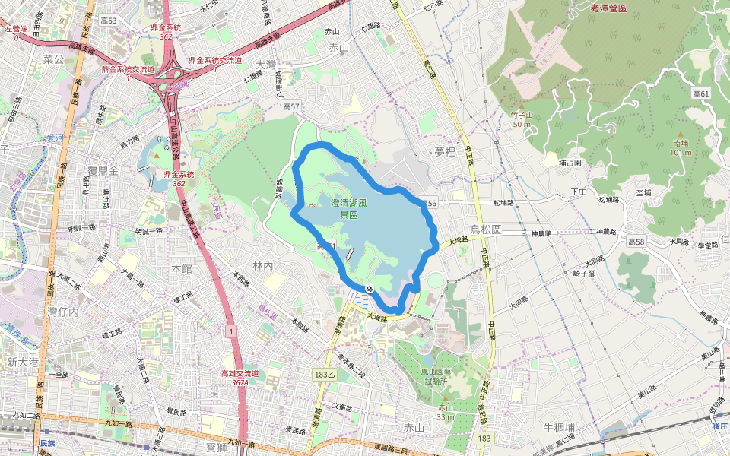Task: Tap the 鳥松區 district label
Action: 487,229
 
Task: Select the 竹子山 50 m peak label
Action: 521,119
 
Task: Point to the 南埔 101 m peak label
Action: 681,147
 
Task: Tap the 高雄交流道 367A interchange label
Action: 240,378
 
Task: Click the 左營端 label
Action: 15,32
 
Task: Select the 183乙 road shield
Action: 324,375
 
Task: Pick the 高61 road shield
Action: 700,93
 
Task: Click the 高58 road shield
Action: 636,241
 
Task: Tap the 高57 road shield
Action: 292,108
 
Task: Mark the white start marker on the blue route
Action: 368,289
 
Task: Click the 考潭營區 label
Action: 608,8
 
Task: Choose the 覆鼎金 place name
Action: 103,170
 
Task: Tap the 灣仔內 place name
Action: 64,312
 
